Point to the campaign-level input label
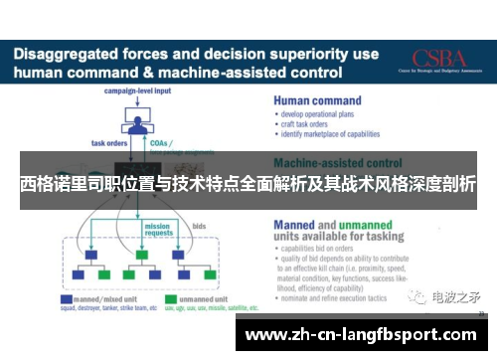click(137, 91)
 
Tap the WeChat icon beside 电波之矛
click(421, 295)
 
